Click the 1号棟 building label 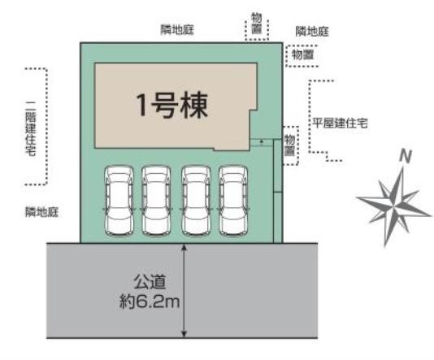(172, 106)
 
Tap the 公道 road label (150, 282)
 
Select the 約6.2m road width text (150, 301)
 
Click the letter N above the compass (406, 156)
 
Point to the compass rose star (394, 206)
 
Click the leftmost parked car (119, 201)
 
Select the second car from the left (156, 201)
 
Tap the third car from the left (196, 201)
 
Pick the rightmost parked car (233, 201)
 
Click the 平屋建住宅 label (341, 124)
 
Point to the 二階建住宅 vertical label (30, 128)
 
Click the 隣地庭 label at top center (177, 30)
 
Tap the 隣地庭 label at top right (312, 32)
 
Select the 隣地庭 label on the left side (42, 211)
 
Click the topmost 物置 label (256, 24)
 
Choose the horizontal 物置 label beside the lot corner (303, 55)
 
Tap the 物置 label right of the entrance (289, 145)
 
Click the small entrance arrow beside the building (261, 141)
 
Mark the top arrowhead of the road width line (184, 246)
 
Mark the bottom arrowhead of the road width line (184, 334)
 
